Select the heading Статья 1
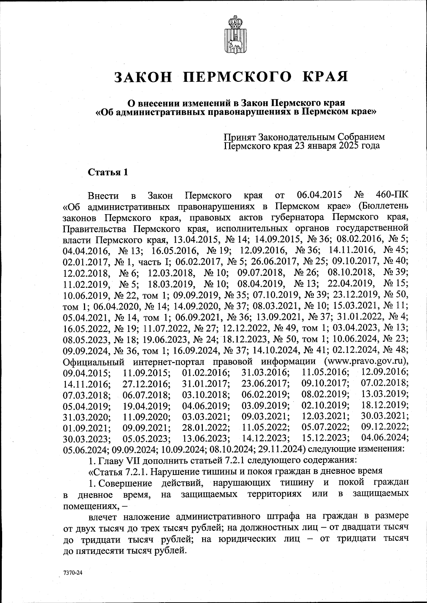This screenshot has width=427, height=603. [x=107, y=173]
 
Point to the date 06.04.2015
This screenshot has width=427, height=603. [x=319, y=195]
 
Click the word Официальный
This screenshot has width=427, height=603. [x=94, y=362]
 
